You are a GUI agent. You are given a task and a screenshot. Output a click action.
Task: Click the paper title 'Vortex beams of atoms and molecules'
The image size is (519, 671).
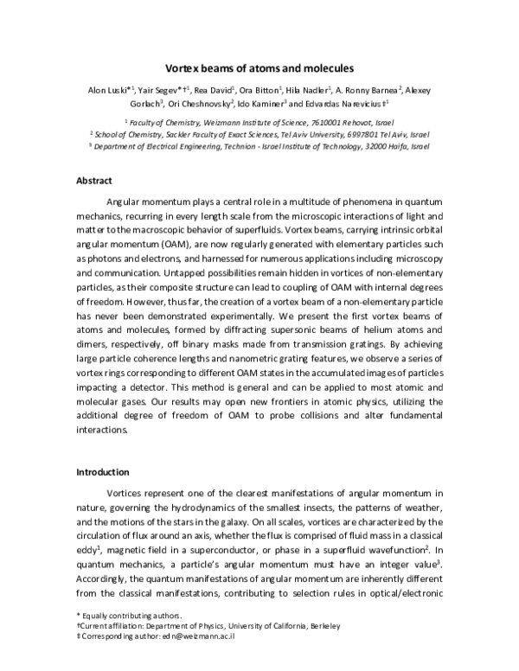click(x=259, y=67)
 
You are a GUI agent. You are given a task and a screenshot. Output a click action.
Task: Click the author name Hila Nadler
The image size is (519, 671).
click(x=305, y=90)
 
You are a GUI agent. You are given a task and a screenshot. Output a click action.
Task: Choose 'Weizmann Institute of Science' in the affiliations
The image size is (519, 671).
click(x=237, y=124)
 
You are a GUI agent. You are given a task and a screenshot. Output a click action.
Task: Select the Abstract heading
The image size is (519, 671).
click(x=94, y=182)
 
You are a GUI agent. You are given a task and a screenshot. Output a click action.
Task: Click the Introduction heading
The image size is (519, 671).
click(x=103, y=472)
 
